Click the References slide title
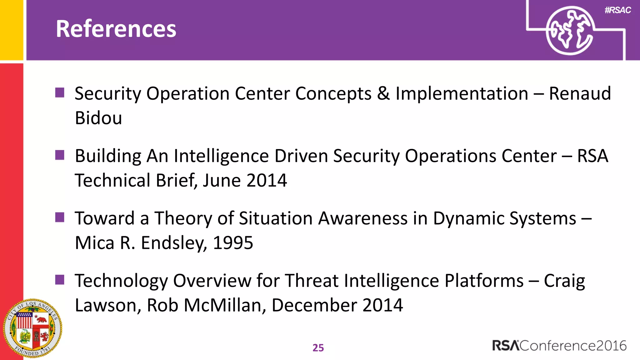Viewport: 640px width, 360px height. (116, 29)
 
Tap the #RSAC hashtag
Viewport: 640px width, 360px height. (617, 10)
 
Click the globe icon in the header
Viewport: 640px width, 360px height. (569, 31)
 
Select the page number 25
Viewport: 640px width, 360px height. (318, 347)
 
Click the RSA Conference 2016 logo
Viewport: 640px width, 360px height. (559, 346)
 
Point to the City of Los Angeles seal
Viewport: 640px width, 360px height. (32, 328)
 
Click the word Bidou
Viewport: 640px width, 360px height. (98, 118)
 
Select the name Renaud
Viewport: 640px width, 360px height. (580, 93)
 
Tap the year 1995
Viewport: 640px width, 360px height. (233, 243)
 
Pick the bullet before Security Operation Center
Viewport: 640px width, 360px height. (60, 92)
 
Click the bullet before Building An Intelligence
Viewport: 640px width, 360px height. (60, 155)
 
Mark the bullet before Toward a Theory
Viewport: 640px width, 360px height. (60, 217)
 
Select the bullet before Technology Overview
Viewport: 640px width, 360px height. (60, 280)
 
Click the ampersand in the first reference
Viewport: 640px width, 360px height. (383, 93)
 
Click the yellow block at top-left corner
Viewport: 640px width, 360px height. (11, 30)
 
